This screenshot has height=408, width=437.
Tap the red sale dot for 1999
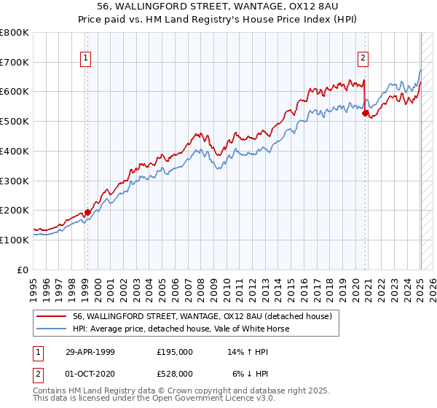coord(87,213)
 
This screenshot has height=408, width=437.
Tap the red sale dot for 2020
coord(366,112)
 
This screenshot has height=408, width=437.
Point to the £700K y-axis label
coord(15,63)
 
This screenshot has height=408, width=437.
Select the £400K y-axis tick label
coord(15,152)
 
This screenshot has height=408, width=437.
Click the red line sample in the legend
coord(52,316)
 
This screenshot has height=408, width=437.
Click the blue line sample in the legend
coord(52,329)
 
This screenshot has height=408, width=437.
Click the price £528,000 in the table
coord(175,374)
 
